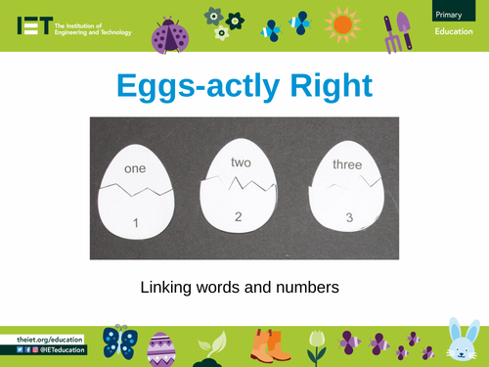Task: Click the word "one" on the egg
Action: [135, 169]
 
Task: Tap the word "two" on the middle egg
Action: [242, 162]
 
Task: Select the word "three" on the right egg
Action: [347, 165]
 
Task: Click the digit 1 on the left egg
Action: [135, 226]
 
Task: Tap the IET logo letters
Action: [33, 26]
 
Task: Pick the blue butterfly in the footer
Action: [120, 343]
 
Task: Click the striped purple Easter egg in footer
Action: [162, 349]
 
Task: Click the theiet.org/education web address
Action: [49, 339]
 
